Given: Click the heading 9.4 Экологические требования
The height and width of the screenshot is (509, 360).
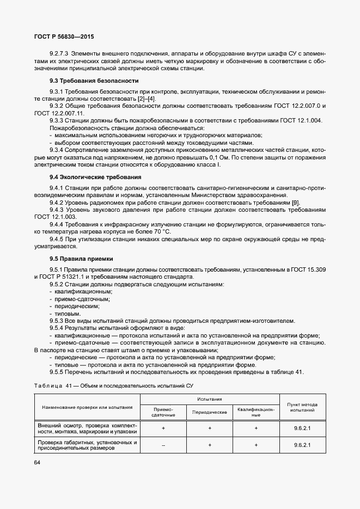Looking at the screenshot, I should point(87,177).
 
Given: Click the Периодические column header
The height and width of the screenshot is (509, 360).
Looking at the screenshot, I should point(210,413).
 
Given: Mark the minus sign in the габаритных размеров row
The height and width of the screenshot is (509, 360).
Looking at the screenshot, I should point(163,445).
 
